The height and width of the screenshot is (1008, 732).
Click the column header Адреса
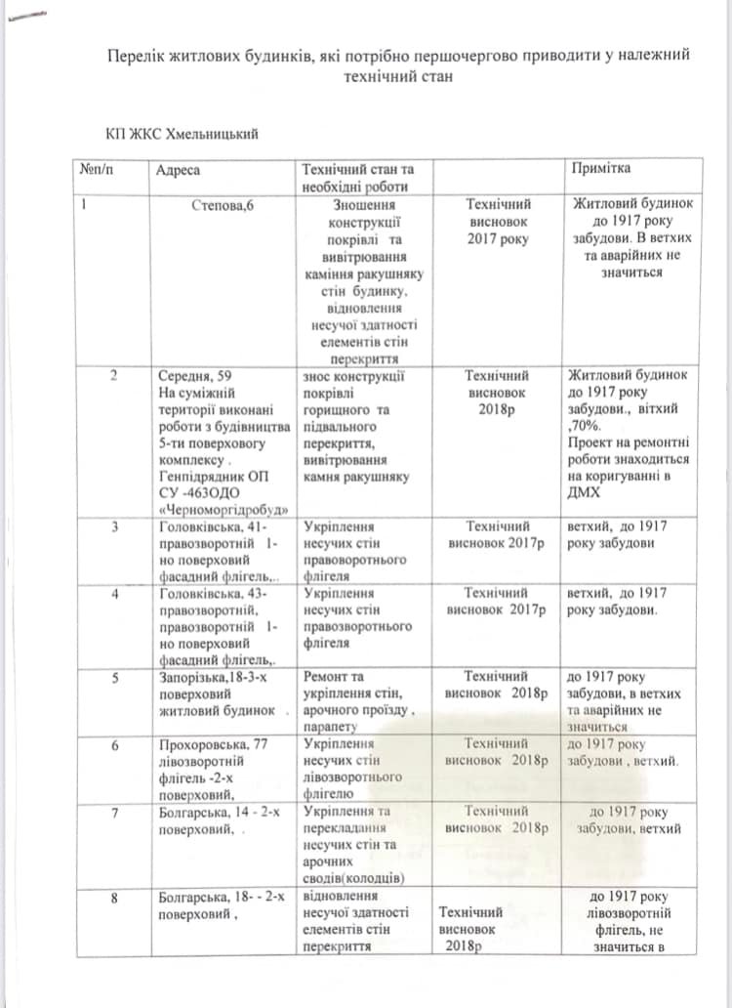tap(178, 171)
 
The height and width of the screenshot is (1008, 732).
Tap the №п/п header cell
tap(93, 171)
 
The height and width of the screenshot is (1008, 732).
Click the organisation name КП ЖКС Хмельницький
tap(185, 131)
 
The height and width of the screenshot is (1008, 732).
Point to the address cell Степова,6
tap(224, 206)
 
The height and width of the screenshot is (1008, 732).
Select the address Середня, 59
tap(195, 375)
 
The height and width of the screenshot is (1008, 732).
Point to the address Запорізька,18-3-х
tap(215, 676)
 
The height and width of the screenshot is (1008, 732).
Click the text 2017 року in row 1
tap(499, 238)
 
